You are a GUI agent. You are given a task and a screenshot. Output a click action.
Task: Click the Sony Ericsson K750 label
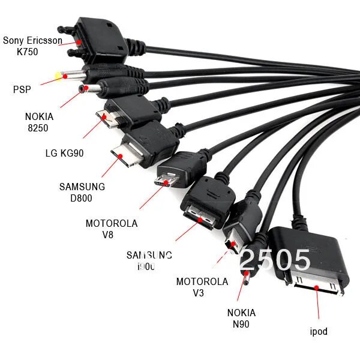tap(32, 46)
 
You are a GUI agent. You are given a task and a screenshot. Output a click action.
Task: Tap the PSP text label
tap(22, 89)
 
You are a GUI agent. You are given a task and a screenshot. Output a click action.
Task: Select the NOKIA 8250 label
tap(39, 122)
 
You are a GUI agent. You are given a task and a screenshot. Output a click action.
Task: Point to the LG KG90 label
tap(64, 153)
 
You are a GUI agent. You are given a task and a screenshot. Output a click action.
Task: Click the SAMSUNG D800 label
tap(82, 193)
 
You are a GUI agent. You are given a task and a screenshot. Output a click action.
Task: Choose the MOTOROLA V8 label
tap(112, 229)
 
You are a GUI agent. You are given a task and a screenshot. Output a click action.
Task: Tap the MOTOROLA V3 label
tap(202, 287)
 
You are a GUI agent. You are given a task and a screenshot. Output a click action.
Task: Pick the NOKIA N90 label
tap(241, 319)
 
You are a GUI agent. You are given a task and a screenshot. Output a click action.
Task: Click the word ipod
tap(319, 331)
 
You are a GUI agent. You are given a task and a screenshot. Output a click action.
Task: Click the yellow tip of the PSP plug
tap(59, 76)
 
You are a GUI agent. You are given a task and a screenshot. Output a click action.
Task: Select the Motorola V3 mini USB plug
tap(230, 242)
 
